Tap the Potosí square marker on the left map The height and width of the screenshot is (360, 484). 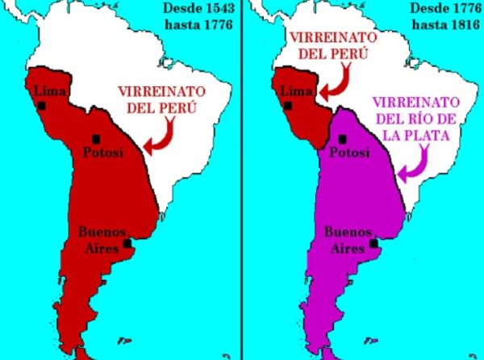coord(98,136)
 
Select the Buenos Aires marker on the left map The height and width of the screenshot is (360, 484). coord(128,243)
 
